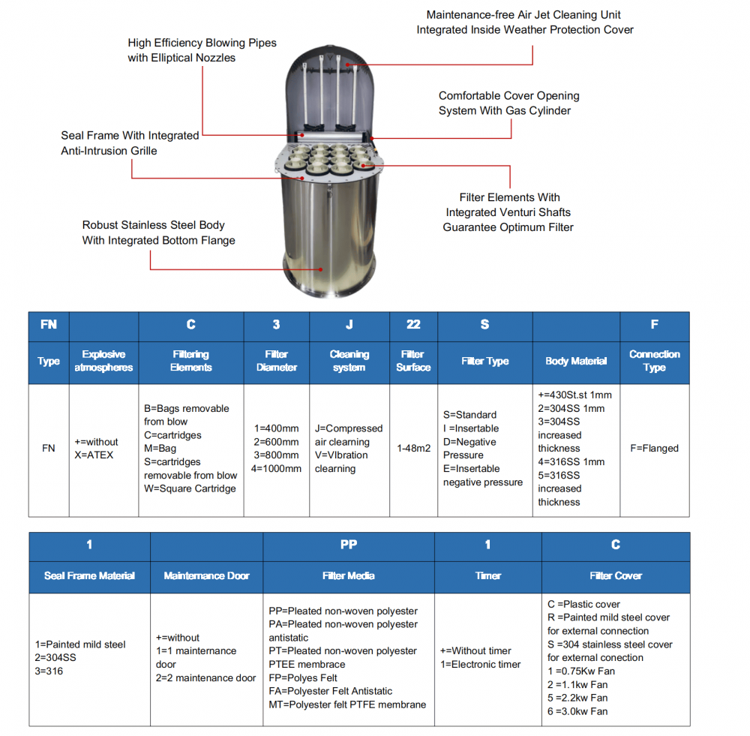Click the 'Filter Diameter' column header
[276, 361]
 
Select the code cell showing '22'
[413, 325]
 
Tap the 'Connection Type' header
[654, 361]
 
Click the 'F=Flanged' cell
[654, 449]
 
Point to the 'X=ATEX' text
[94, 455]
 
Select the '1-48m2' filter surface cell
[413, 449]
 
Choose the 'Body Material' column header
[575, 361]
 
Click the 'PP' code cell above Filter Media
[349, 545]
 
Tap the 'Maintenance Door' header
[206, 576]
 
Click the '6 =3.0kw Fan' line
[577, 711]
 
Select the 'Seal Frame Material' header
[89, 576]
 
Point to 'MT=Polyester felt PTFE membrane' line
[347, 704]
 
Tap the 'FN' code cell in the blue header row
[48, 325]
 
